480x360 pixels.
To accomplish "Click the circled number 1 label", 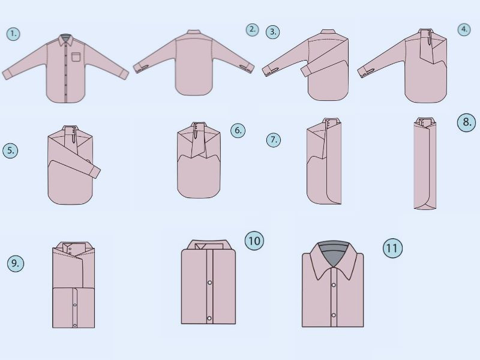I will [13, 34].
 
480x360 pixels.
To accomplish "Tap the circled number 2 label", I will [253, 29].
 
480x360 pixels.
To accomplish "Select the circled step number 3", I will [274, 32].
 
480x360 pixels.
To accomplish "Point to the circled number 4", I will [464, 29].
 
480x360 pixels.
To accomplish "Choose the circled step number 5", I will [10, 151].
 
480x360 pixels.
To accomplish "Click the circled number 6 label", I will [238, 130].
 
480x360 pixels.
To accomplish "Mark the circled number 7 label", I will [273, 140].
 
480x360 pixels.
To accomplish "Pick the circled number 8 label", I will [467, 123].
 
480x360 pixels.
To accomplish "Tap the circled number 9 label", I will [16, 262].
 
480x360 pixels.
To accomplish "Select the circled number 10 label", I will [254, 241].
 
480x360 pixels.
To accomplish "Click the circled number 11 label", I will [392, 248].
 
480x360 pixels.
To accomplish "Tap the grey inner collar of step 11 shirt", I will [332, 251].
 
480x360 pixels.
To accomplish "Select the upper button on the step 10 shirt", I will [209, 282].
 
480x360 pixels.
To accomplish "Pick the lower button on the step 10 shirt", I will [209, 317].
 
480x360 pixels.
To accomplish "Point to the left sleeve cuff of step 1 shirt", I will [7, 74].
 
